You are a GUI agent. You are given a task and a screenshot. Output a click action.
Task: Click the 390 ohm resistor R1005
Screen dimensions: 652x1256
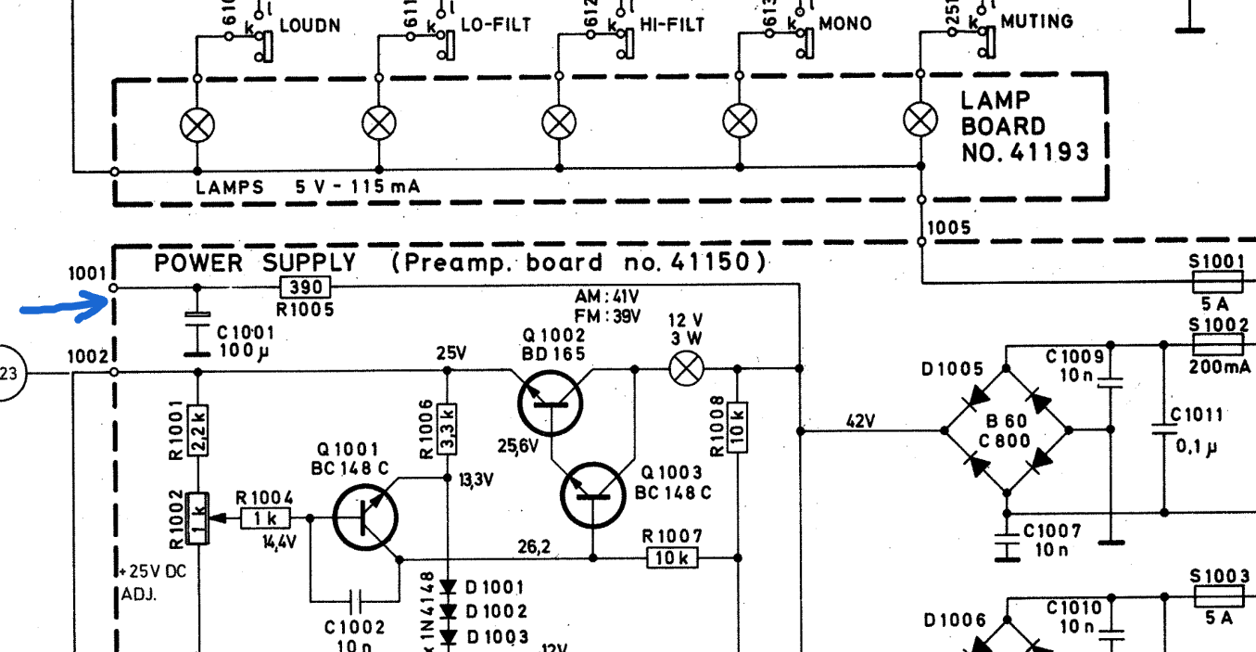pos(305,288)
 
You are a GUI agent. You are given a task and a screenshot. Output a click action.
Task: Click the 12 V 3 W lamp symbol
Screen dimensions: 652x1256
pos(686,369)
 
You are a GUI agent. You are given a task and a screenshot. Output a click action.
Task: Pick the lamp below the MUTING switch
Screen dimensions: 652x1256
pos(920,119)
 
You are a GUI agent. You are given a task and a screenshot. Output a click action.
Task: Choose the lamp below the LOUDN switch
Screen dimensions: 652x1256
pos(197,123)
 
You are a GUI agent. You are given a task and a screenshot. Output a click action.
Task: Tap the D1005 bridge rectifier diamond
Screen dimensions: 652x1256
pos(1007,430)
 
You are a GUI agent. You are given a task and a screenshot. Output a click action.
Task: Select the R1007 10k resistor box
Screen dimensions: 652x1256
pos(672,558)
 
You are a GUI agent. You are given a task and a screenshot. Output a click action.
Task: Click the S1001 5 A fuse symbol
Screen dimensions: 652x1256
pos(1217,282)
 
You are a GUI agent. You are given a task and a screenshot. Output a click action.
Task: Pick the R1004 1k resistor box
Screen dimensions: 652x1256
pos(266,518)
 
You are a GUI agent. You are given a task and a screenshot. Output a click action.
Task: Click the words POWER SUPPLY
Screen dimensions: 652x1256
pos(255,263)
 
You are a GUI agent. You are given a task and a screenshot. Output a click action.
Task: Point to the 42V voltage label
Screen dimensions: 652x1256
pos(860,421)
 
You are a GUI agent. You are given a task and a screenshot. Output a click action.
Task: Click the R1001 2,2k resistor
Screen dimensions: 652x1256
pos(197,428)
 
